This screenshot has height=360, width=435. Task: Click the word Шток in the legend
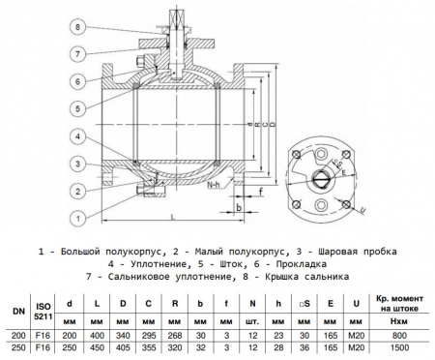click(x=199, y=263)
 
